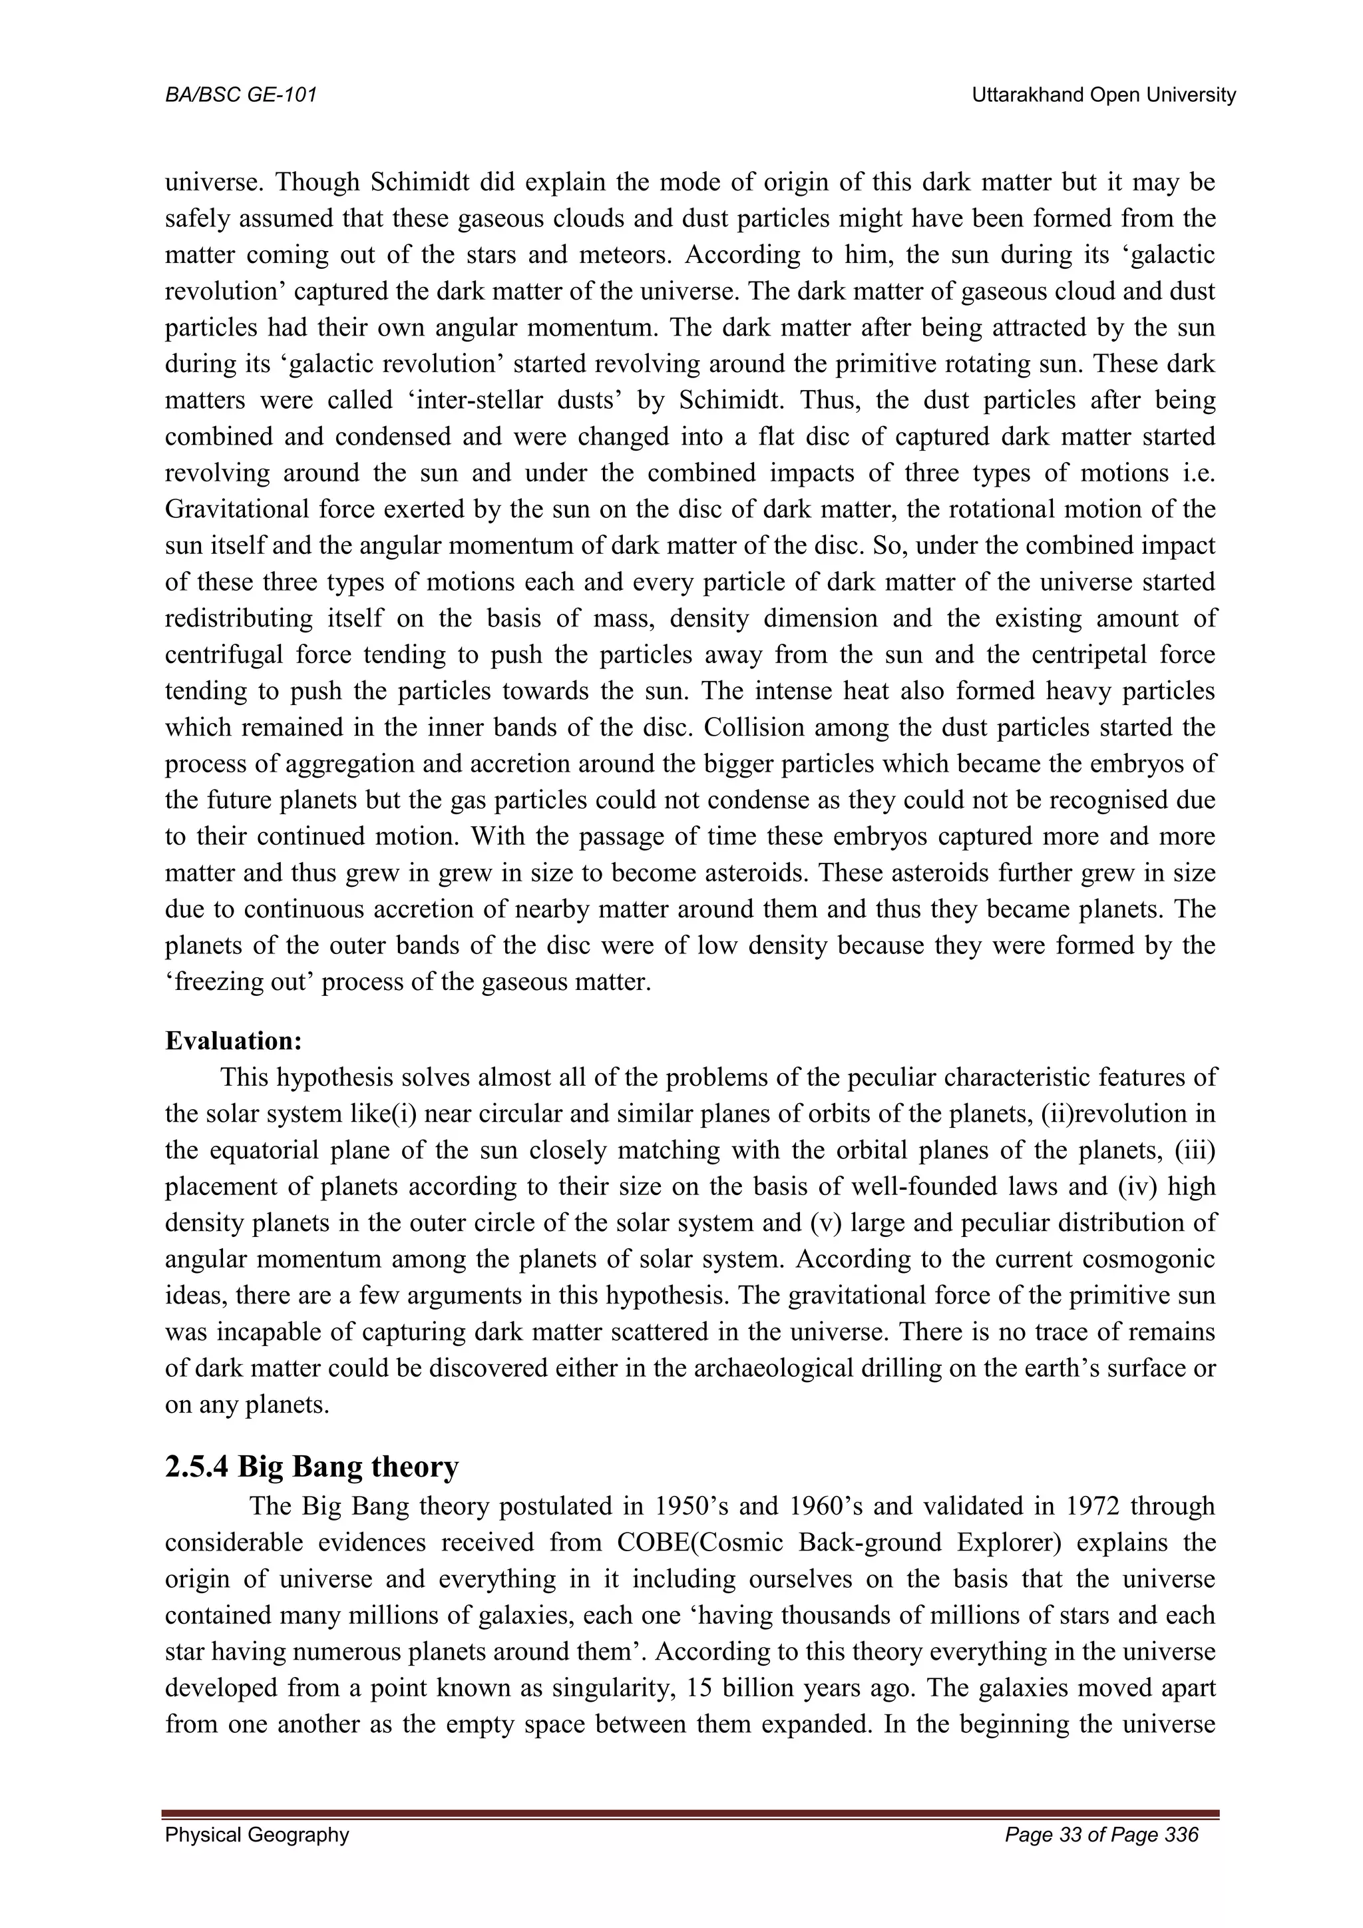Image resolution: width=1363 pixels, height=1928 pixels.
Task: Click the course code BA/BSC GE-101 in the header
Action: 241,96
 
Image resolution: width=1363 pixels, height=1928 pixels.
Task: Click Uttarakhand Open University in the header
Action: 1103,96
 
